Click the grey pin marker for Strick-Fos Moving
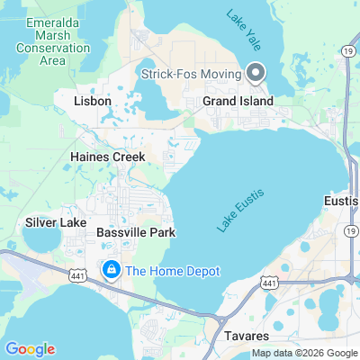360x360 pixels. [255, 72]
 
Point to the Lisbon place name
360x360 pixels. [92, 102]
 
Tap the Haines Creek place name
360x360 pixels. [102, 156]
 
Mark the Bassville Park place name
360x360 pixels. [135, 232]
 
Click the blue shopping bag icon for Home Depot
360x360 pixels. [111, 269]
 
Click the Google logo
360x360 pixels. [30, 349]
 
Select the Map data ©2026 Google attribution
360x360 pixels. [304, 353]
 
